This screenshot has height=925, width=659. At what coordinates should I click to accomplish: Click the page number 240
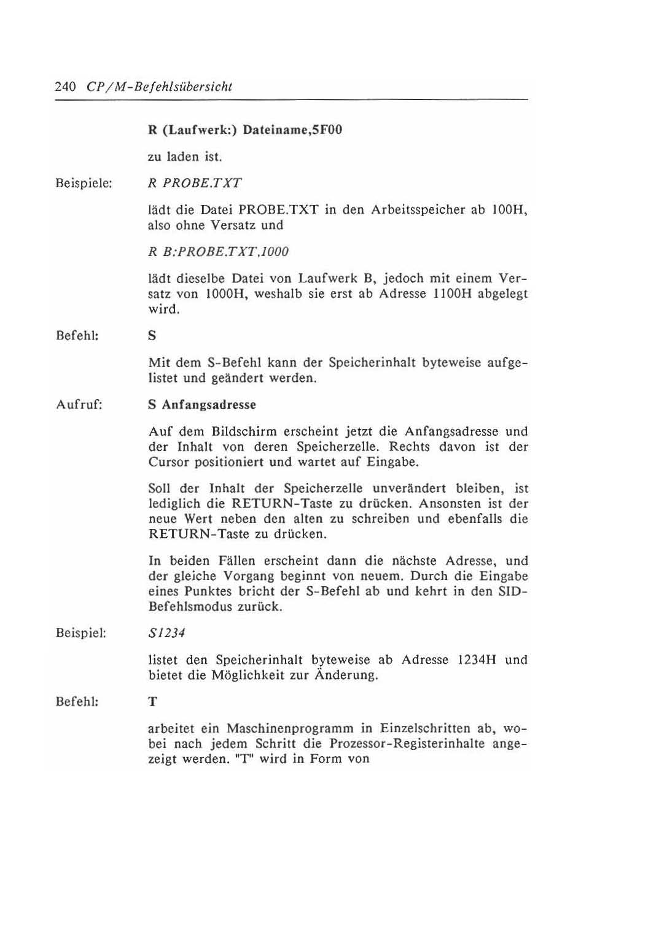(65, 87)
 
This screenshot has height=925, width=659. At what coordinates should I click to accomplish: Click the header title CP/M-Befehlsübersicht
(160, 87)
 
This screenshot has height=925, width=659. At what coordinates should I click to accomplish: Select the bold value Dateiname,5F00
(292, 130)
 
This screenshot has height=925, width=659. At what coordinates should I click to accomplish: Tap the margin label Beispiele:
(84, 184)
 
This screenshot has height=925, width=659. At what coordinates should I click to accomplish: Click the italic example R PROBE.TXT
(195, 183)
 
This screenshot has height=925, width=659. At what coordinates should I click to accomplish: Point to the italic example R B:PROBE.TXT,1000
(218, 252)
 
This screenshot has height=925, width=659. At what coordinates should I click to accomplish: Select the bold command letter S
(152, 336)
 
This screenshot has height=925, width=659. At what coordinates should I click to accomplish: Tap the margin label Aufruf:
(79, 405)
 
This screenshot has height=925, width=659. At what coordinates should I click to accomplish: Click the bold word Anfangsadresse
(209, 405)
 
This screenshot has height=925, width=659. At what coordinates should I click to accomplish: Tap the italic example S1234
(166, 633)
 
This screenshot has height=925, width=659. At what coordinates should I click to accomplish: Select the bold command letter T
(152, 702)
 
